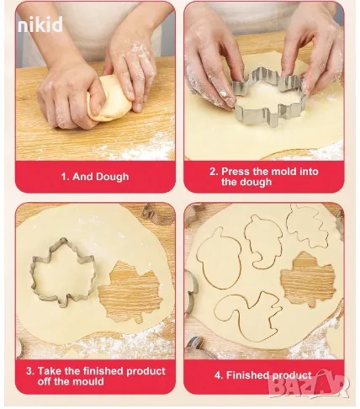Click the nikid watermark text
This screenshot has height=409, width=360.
click(40, 24)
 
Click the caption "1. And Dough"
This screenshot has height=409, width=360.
click(95, 177)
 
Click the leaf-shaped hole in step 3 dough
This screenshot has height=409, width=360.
click(130, 292)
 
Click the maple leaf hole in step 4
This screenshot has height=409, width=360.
click(308, 279)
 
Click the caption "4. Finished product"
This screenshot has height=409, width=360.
click(263, 375)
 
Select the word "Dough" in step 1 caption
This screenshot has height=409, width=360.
click(113, 177)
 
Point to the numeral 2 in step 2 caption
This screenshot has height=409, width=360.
click(213, 172)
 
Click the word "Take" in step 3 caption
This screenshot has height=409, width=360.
click(50, 371)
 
